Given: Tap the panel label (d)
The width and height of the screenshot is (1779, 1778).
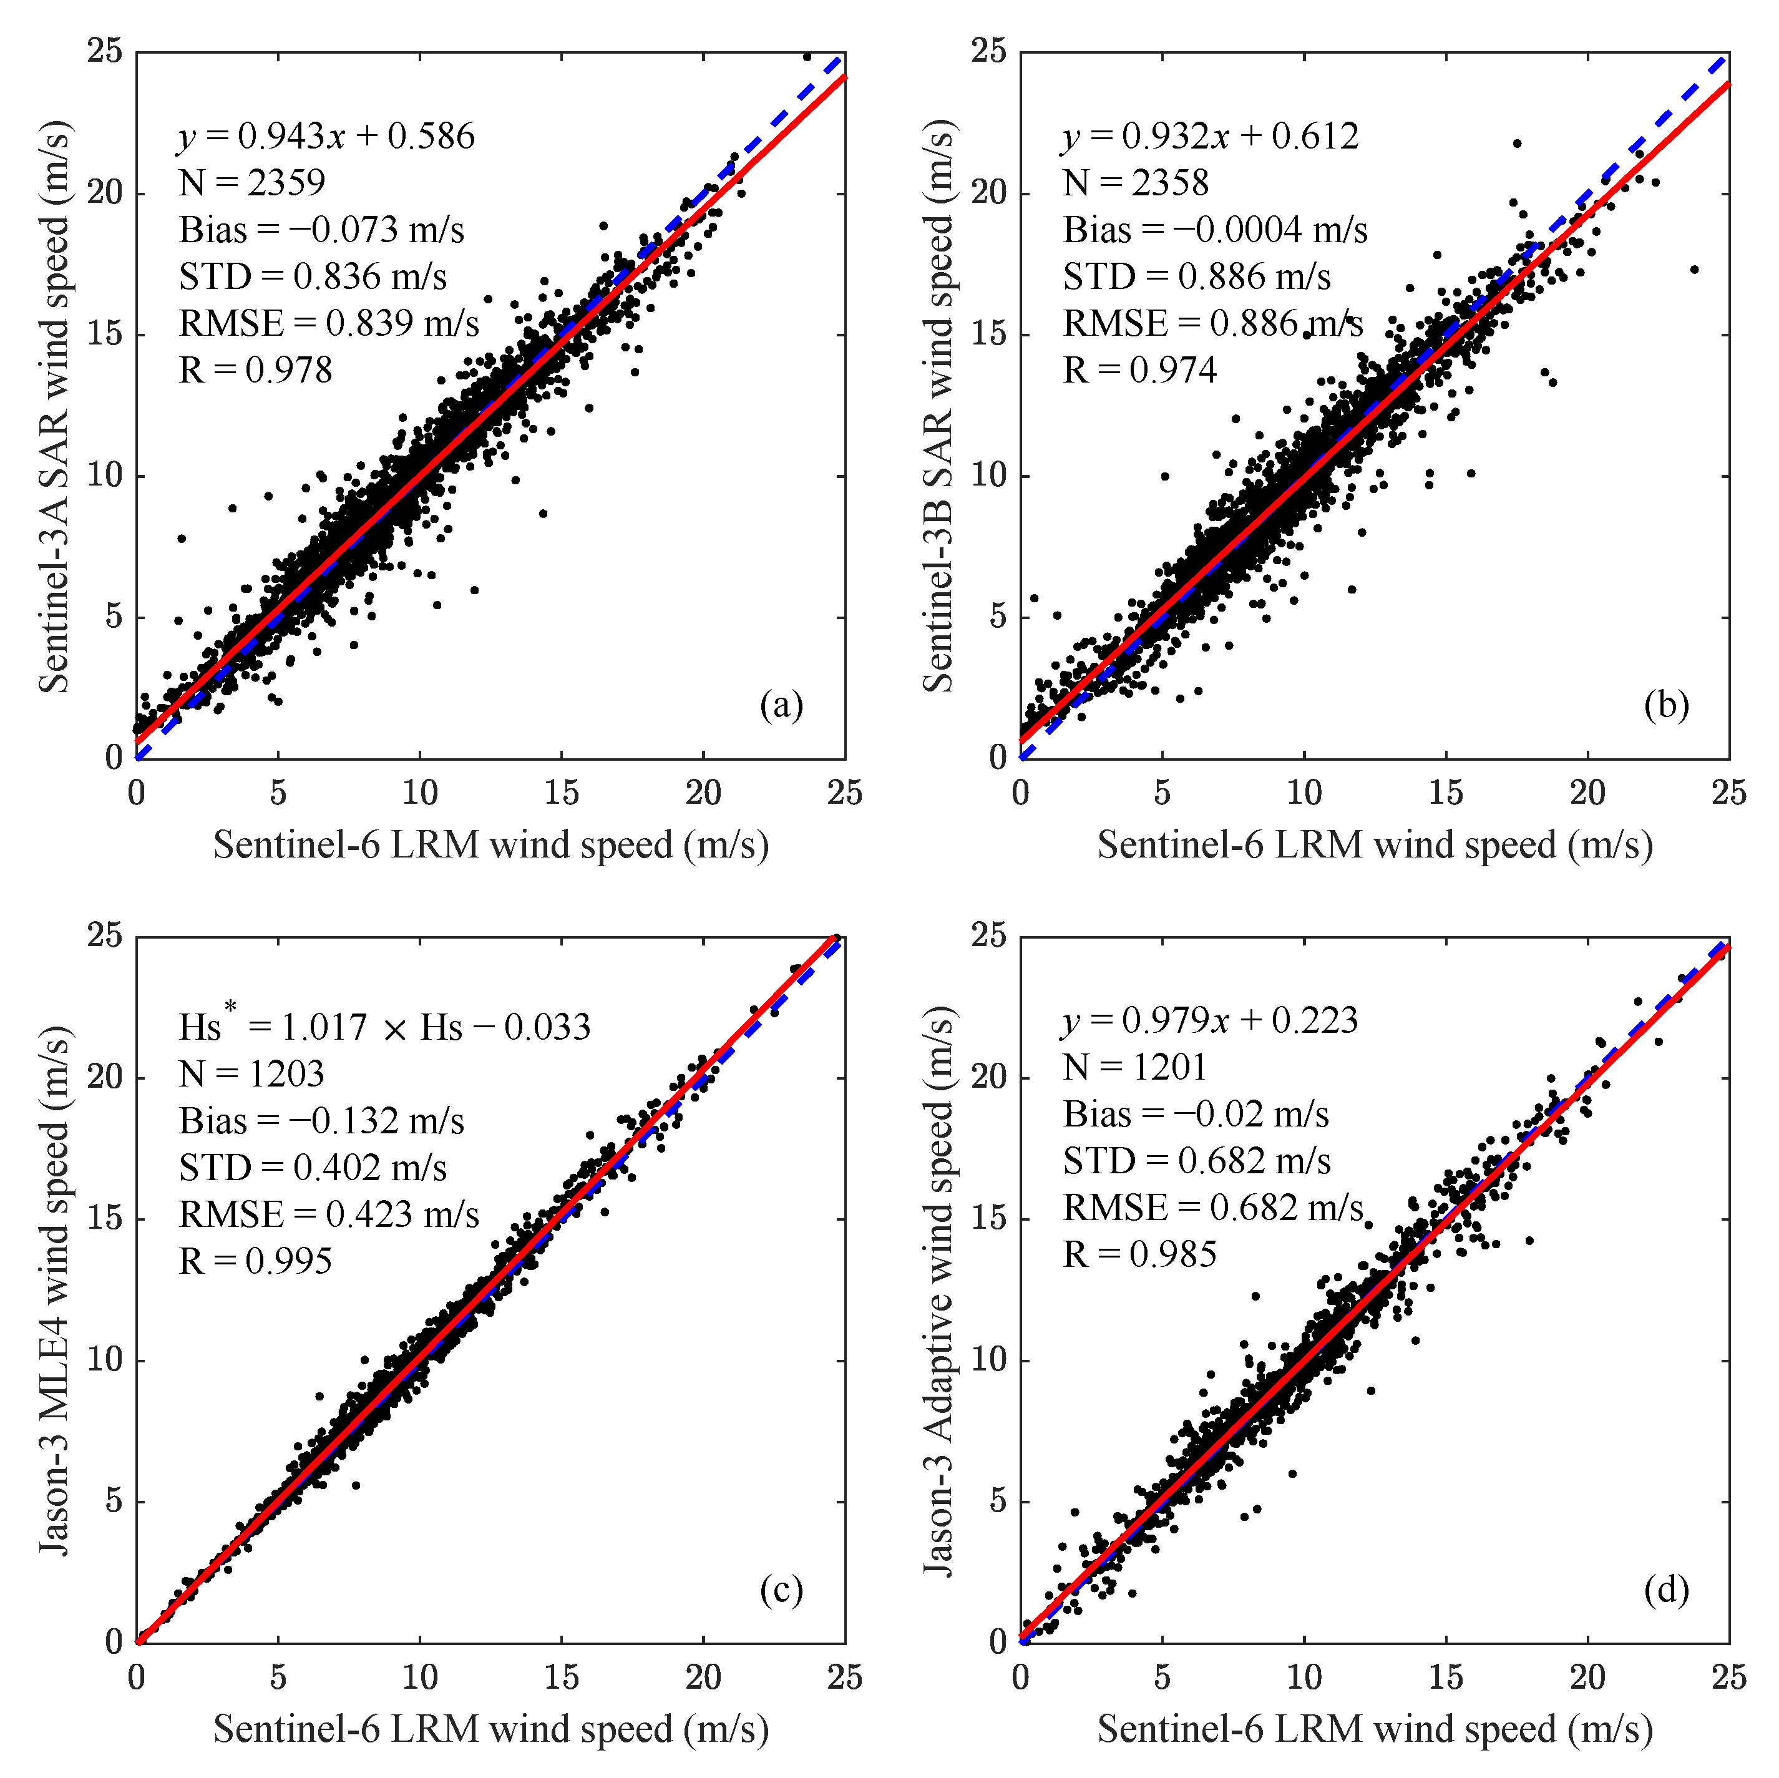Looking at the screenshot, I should pos(1665,1590).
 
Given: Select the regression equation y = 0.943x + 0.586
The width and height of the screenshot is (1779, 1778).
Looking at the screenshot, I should pos(326,136).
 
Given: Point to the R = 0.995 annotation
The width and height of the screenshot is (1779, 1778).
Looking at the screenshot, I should pos(255,1261).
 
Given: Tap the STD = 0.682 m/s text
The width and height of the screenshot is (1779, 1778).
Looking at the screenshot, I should pos(1196,1160).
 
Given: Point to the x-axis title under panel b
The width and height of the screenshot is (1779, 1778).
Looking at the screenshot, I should pos(1374,844).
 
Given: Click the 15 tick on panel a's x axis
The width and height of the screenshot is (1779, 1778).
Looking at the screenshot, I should pos(561,793).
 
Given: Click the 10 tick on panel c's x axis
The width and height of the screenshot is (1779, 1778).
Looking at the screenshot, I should pos(420,1677).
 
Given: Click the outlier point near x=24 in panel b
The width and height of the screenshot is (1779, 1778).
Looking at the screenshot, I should pos(1694,270).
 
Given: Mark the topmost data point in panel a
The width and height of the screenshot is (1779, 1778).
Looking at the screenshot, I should pos(807,57).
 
